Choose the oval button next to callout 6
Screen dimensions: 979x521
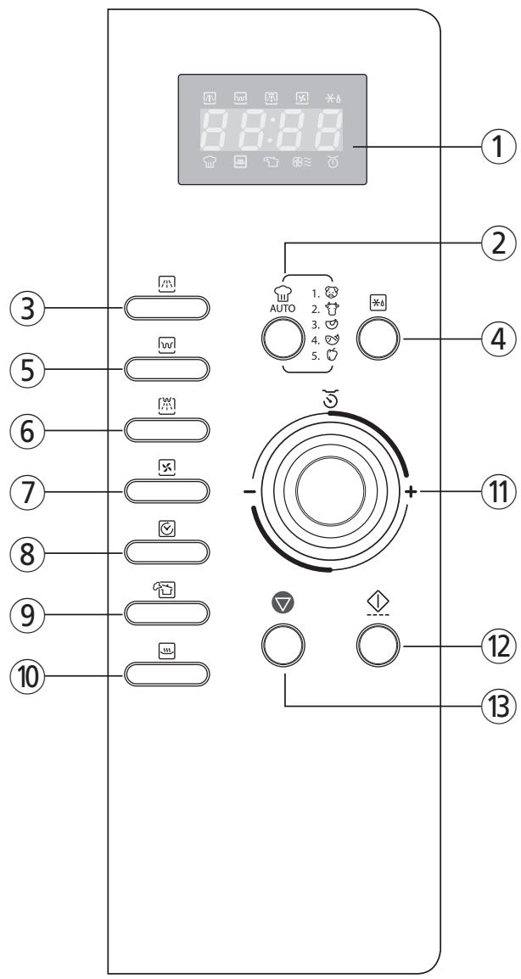167,429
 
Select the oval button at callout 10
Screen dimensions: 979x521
167,674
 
